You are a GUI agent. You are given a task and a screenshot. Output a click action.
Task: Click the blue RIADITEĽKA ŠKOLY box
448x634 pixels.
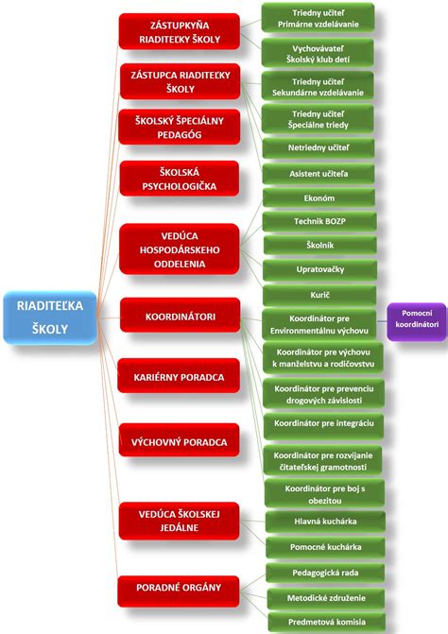pyautogui.click(x=50, y=317)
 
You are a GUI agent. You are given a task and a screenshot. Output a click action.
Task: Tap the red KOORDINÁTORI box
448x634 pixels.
pyautogui.click(x=180, y=316)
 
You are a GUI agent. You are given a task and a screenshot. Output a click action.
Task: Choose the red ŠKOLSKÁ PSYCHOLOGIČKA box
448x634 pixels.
pyautogui.click(x=180, y=179)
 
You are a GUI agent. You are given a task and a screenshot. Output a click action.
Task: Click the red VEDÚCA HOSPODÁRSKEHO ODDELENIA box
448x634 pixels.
pyautogui.click(x=180, y=249)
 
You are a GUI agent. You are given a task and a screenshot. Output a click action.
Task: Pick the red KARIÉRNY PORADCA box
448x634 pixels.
pyautogui.click(x=179, y=376)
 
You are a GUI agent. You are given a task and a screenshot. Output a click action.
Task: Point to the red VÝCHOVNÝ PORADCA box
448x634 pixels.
pyautogui.click(x=180, y=440)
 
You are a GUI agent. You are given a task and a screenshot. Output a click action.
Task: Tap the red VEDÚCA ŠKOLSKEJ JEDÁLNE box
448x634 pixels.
pyautogui.click(x=180, y=521)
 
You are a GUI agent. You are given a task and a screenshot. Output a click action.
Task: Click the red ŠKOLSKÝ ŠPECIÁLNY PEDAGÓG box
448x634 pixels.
pyautogui.click(x=180, y=127)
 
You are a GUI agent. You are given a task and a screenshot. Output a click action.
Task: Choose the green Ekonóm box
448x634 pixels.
pyautogui.click(x=319, y=197)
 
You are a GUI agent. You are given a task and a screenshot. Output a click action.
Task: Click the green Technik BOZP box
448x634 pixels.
pyautogui.click(x=319, y=221)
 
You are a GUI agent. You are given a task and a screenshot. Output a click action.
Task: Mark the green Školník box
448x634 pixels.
pyautogui.click(x=319, y=245)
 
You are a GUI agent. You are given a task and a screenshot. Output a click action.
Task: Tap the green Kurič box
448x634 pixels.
pyautogui.click(x=319, y=295)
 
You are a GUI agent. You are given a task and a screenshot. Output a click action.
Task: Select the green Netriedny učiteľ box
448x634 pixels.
pyautogui.click(x=319, y=147)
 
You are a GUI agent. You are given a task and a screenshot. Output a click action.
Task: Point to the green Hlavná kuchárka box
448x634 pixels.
pyautogui.click(x=325, y=522)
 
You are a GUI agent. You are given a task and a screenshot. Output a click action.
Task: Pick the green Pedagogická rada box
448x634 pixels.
pyautogui.click(x=325, y=573)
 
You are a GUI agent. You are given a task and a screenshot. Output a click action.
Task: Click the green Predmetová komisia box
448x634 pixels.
pyautogui.click(x=326, y=622)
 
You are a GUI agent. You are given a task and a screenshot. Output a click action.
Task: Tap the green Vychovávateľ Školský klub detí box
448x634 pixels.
pyautogui.click(x=318, y=53)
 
